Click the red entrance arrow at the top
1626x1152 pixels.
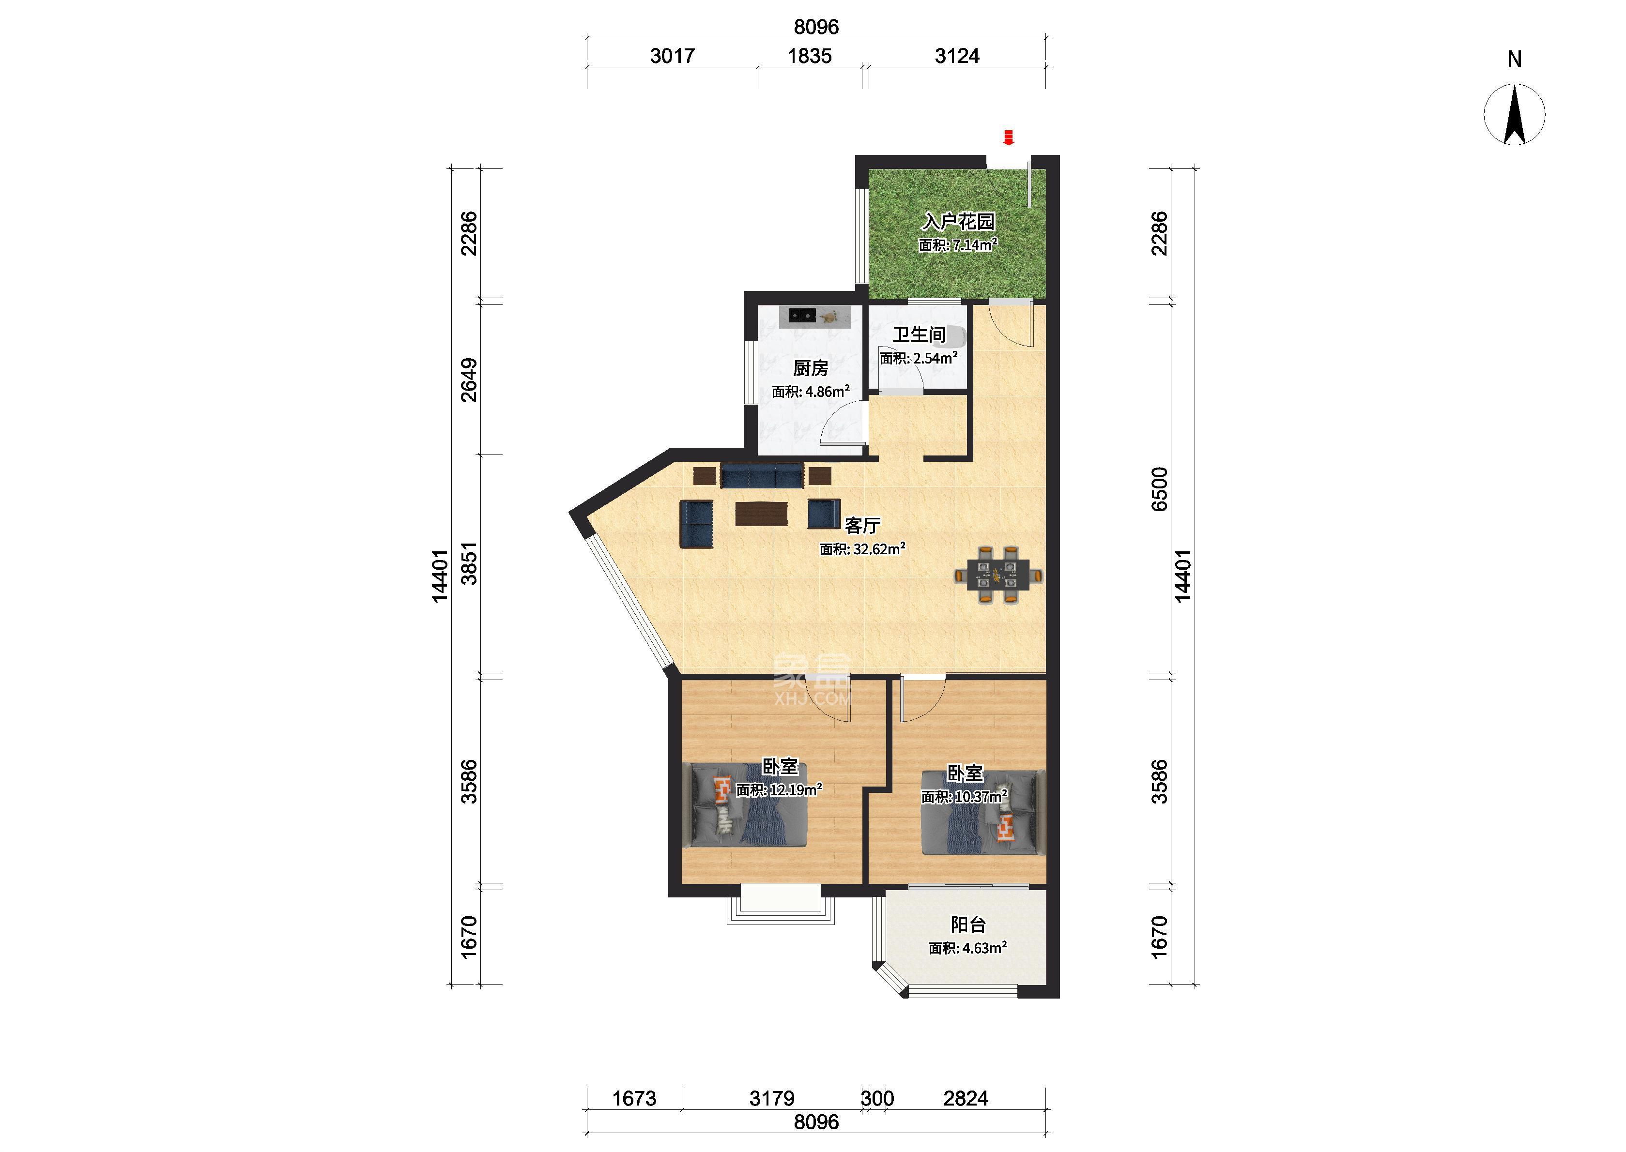click(x=1008, y=137)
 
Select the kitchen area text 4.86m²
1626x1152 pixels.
click(x=827, y=391)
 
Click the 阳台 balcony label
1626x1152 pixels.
click(x=967, y=925)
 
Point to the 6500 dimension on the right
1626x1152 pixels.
click(x=1159, y=489)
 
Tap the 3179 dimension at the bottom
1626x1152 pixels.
click(x=772, y=1099)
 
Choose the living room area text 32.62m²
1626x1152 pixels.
click(x=878, y=548)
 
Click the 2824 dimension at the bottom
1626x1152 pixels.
click(x=966, y=1099)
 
